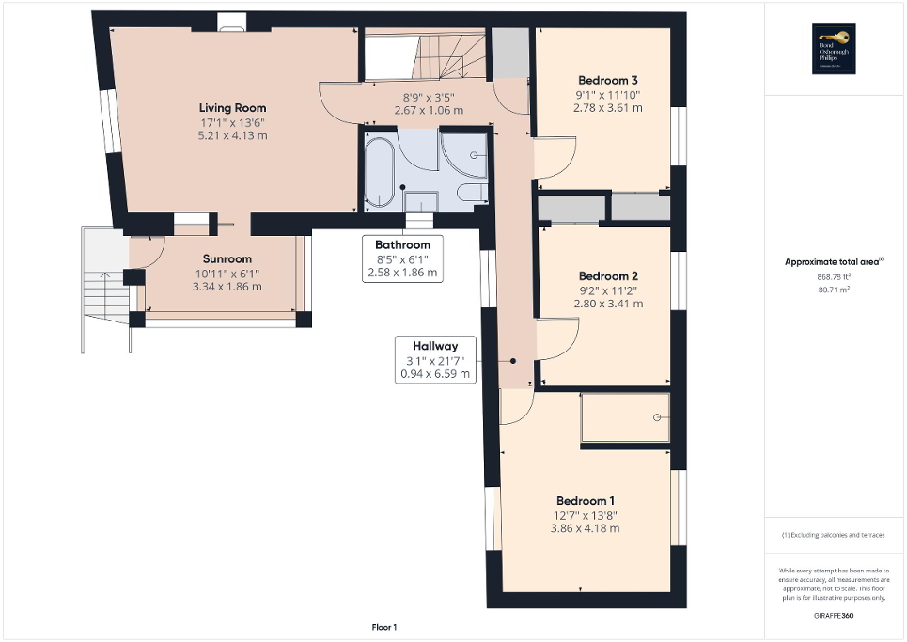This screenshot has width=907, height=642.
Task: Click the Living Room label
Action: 231,108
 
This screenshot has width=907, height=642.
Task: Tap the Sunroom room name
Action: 227,259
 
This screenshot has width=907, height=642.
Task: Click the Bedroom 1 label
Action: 586,501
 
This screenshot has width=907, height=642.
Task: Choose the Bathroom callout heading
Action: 402,245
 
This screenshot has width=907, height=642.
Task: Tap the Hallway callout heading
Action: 435,345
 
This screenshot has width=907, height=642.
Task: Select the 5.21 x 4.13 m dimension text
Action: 231,136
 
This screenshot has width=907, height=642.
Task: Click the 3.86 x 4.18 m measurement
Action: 586,528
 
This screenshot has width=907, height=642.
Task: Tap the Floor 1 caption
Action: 383,627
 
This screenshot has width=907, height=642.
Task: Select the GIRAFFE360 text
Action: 835,615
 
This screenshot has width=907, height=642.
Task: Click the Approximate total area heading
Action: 835,262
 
